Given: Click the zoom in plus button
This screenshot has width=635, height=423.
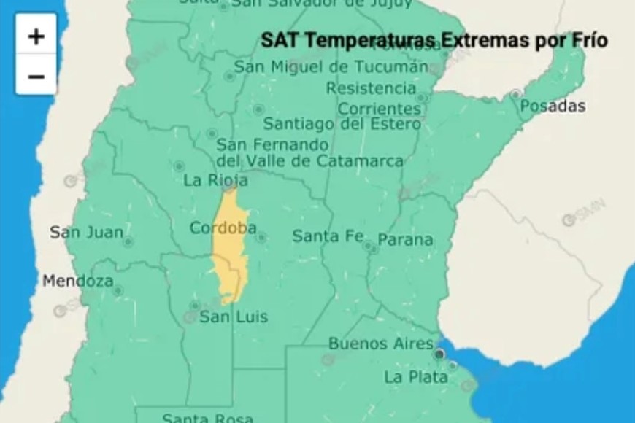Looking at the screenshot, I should pyautogui.click(x=36, y=36).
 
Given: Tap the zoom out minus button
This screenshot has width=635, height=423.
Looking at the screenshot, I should pyautogui.click(x=36, y=76).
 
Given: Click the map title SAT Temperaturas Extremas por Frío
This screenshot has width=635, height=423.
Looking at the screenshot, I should pyautogui.click(x=434, y=39).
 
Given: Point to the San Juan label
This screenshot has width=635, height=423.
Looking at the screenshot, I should pyautogui.click(x=81, y=233).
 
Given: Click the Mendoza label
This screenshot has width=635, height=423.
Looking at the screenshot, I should pyautogui.click(x=77, y=281).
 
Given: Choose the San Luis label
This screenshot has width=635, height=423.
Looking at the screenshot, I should pyautogui.click(x=234, y=317).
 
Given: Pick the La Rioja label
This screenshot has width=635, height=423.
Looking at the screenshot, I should pyautogui.click(x=215, y=179).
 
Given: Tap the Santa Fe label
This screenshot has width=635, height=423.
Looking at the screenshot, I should pyautogui.click(x=326, y=236).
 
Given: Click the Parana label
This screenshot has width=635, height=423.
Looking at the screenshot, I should pyautogui.click(x=405, y=239).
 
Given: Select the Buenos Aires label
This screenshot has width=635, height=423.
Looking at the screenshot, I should pyautogui.click(x=380, y=343).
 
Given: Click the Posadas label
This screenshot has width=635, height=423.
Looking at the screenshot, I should pyautogui.click(x=553, y=106).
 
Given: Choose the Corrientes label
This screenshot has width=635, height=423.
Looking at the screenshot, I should pyautogui.click(x=380, y=109).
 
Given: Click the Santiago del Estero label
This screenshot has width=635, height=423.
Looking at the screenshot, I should pyautogui.click(x=342, y=124).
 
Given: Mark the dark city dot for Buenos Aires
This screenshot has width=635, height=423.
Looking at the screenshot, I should pyautogui.click(x=439, y=354).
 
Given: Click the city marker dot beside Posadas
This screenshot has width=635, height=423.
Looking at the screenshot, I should pyautogui.click(x=516, y=94).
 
